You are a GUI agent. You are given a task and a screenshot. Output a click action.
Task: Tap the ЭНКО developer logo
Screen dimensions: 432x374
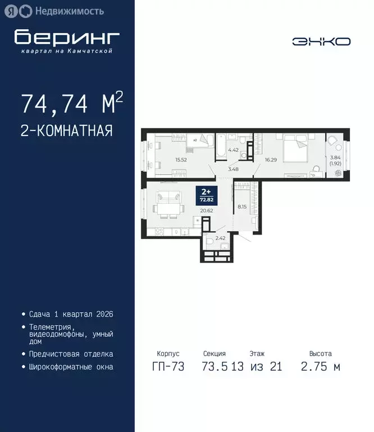(321, 42)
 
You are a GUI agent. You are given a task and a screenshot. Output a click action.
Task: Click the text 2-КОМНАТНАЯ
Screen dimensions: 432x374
(67, 131)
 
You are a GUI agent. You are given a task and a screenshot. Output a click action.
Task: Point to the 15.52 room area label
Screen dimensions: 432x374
(181, 160)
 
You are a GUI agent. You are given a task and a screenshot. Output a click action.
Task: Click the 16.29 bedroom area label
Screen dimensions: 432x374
(271, 160)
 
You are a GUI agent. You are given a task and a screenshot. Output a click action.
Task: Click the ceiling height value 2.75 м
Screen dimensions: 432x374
(321, 367)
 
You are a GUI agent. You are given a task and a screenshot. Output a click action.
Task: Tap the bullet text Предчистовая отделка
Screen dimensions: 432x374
(71, 354)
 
